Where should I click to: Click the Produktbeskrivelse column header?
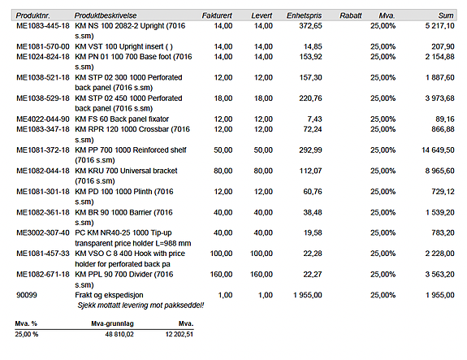pos(106,15)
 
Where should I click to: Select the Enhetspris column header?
pos(304,15)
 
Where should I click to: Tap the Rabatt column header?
pos(351,15)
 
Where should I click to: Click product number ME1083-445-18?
pos(43,26)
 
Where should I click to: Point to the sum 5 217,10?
pos(439,26)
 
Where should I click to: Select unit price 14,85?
pos(313,46)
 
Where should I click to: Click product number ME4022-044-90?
pos(43,119)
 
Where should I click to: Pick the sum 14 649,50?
pos(438,150)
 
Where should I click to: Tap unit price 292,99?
pos(310,150)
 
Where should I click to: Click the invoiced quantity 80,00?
pos(223,171)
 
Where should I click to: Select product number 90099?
pos(27,295)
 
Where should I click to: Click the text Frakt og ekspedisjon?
pos(109,295)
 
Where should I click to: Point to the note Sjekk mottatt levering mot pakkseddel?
pos(141,306)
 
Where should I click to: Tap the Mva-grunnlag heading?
pos(112,323)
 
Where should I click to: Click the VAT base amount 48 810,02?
pos(119,334)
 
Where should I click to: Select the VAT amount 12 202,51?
pos(179,334)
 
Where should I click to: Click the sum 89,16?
pos(445,119)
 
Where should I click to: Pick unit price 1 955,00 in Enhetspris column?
pos(308,295)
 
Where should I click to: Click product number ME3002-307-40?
pos(43,232)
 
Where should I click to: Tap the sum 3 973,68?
pos(439,98)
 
